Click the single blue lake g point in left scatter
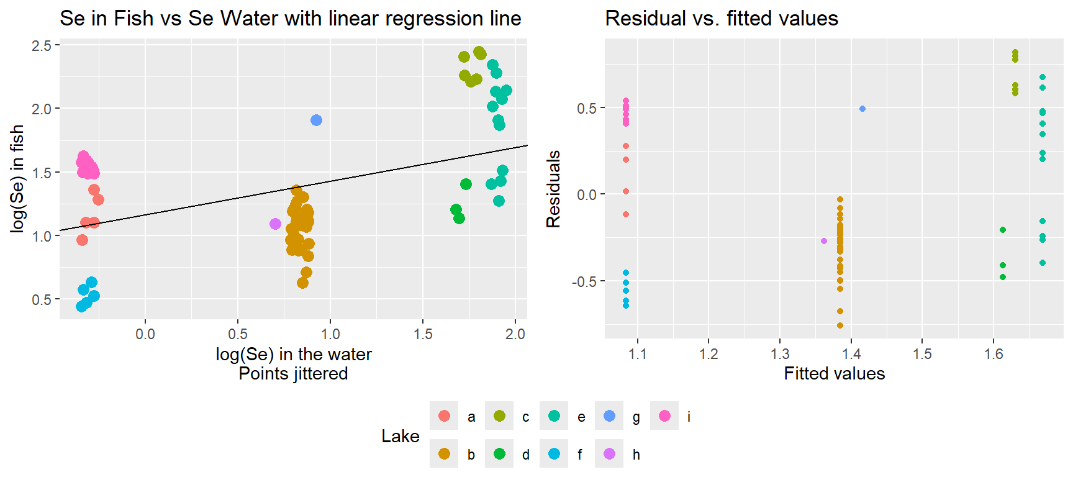point(316,120)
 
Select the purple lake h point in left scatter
point(275,224)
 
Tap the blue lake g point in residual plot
point(862,109)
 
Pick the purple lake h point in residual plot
point(824,241)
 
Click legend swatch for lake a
point(444,416)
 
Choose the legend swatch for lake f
point(554,453)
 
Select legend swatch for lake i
point(664,416)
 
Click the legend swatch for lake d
point(499,453)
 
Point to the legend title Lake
point(400,436)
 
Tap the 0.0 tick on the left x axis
point(145,334)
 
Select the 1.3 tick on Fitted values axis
point(780,354)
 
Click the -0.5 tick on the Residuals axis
point(584,281)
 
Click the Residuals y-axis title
point(553,189)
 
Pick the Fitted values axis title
point(834,373)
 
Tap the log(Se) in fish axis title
point(17,179)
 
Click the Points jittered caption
point(293,373)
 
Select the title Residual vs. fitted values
point(722,18)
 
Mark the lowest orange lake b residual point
point(840,325)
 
